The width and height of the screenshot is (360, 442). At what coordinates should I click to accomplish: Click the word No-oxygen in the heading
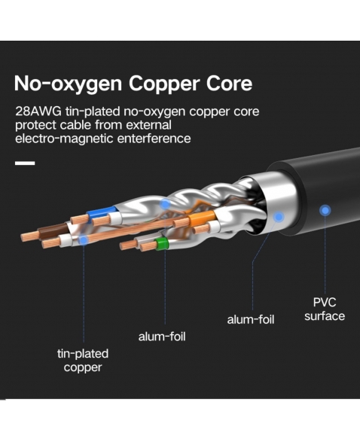point(68,84)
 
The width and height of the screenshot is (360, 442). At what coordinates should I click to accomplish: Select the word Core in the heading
point(229,83)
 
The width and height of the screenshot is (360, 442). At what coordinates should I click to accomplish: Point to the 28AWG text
point(38,111)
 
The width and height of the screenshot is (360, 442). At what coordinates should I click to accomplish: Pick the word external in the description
point(148,125)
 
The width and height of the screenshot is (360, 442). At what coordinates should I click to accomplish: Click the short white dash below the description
point(25,163)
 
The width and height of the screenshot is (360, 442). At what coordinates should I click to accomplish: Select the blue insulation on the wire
point(102,212)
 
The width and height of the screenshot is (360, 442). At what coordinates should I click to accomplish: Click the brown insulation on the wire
point(53,229)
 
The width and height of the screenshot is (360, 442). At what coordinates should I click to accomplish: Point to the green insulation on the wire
point(162,243)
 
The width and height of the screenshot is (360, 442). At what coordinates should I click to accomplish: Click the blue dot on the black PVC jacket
point(325,210)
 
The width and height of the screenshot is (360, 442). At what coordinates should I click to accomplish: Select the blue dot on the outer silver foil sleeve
point(279,217)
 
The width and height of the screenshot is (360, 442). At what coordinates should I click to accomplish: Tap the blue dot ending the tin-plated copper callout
point(84,240)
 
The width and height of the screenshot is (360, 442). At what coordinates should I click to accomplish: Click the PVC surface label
point(325,309)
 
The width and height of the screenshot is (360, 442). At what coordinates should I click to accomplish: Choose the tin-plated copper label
point(83,361)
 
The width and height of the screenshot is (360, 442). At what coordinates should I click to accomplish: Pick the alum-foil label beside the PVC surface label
point(251,320)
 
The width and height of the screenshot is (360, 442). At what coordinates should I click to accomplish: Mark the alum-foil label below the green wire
point(162,337)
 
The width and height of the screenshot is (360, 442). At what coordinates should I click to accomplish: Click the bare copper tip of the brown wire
point(29,236)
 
